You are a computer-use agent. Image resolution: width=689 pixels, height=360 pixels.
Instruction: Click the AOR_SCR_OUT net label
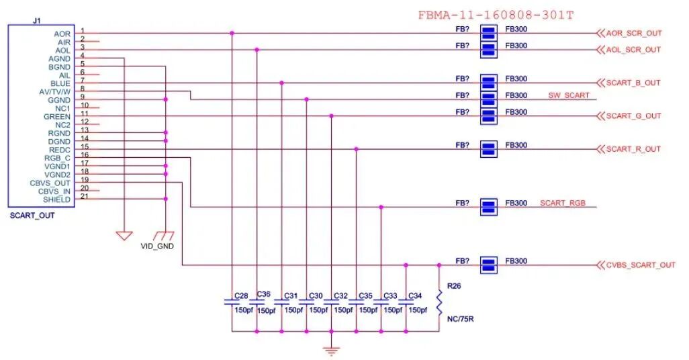click(633, 33)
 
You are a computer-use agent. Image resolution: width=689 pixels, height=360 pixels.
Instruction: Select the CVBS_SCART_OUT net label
click(640, 265)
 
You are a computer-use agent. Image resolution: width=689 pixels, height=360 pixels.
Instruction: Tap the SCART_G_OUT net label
click(633, 116)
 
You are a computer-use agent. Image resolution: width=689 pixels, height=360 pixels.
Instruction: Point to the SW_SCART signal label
click(568, 95)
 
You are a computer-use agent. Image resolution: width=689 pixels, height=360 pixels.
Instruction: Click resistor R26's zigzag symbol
click(439, 303)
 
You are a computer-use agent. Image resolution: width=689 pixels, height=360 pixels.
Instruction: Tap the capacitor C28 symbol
click(232, 303)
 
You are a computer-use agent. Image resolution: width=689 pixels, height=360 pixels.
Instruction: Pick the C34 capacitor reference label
click(415, 296)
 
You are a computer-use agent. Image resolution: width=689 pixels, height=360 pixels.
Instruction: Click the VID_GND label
click(157, 246)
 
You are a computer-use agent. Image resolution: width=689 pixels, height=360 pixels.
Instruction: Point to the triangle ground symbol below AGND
click(124, 236)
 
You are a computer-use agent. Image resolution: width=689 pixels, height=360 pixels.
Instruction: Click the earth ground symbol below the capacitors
click(331, 350)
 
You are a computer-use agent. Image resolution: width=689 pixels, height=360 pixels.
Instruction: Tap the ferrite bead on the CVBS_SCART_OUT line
click(488, 265)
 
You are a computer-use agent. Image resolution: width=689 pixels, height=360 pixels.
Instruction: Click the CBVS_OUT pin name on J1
click(50, 183)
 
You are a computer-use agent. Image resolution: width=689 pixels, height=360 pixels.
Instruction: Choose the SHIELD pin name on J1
click(56, 199)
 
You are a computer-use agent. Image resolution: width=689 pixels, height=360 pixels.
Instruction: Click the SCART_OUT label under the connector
click(32, 216)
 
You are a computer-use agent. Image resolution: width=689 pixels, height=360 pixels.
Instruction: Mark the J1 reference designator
click(37, 21)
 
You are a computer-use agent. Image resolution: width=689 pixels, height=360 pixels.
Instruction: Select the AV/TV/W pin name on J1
click(55, 91)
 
